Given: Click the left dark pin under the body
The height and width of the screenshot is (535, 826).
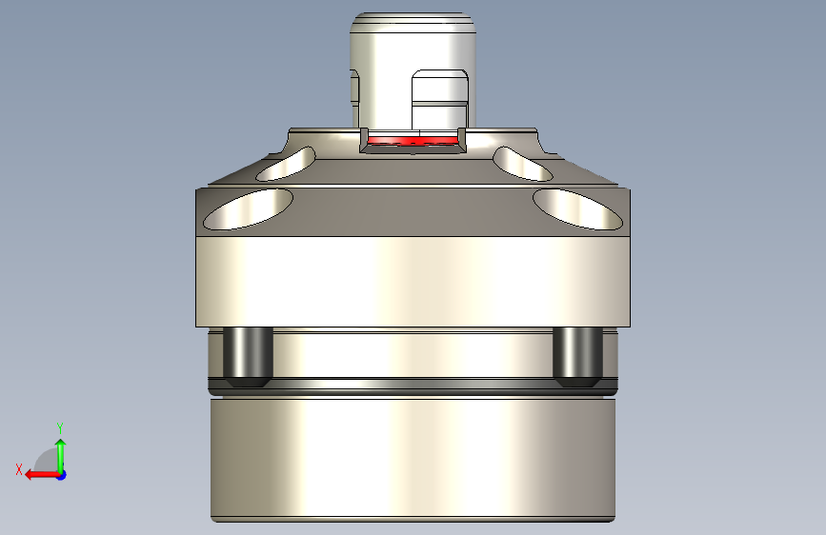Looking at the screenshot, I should click(247, 357).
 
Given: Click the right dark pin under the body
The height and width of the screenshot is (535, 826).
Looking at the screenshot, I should click(577, 357).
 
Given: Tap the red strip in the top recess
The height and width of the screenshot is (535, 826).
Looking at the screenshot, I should click(413, 141).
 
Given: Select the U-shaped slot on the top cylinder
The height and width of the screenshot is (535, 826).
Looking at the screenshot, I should click(439, 100).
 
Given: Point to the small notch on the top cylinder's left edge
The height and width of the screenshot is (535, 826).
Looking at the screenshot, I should click(354, 89).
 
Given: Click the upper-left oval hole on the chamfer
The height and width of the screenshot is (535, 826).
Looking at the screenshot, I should click(287, 165).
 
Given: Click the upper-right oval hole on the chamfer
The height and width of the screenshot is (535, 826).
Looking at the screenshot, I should click(523, 164).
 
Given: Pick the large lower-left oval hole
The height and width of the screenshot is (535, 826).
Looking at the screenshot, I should click(247, 208).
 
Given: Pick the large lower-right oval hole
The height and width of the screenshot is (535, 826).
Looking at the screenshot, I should click(577, 208).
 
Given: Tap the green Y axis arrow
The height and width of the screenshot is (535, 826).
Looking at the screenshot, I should click(60, 452).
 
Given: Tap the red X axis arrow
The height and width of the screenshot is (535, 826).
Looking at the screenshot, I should click(38, 474).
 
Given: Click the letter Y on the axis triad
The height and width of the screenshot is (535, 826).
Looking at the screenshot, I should click(59, 427).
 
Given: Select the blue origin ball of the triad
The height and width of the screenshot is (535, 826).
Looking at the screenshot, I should click(61, 474).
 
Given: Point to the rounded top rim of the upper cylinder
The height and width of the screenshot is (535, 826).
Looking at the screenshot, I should click(412, 19).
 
